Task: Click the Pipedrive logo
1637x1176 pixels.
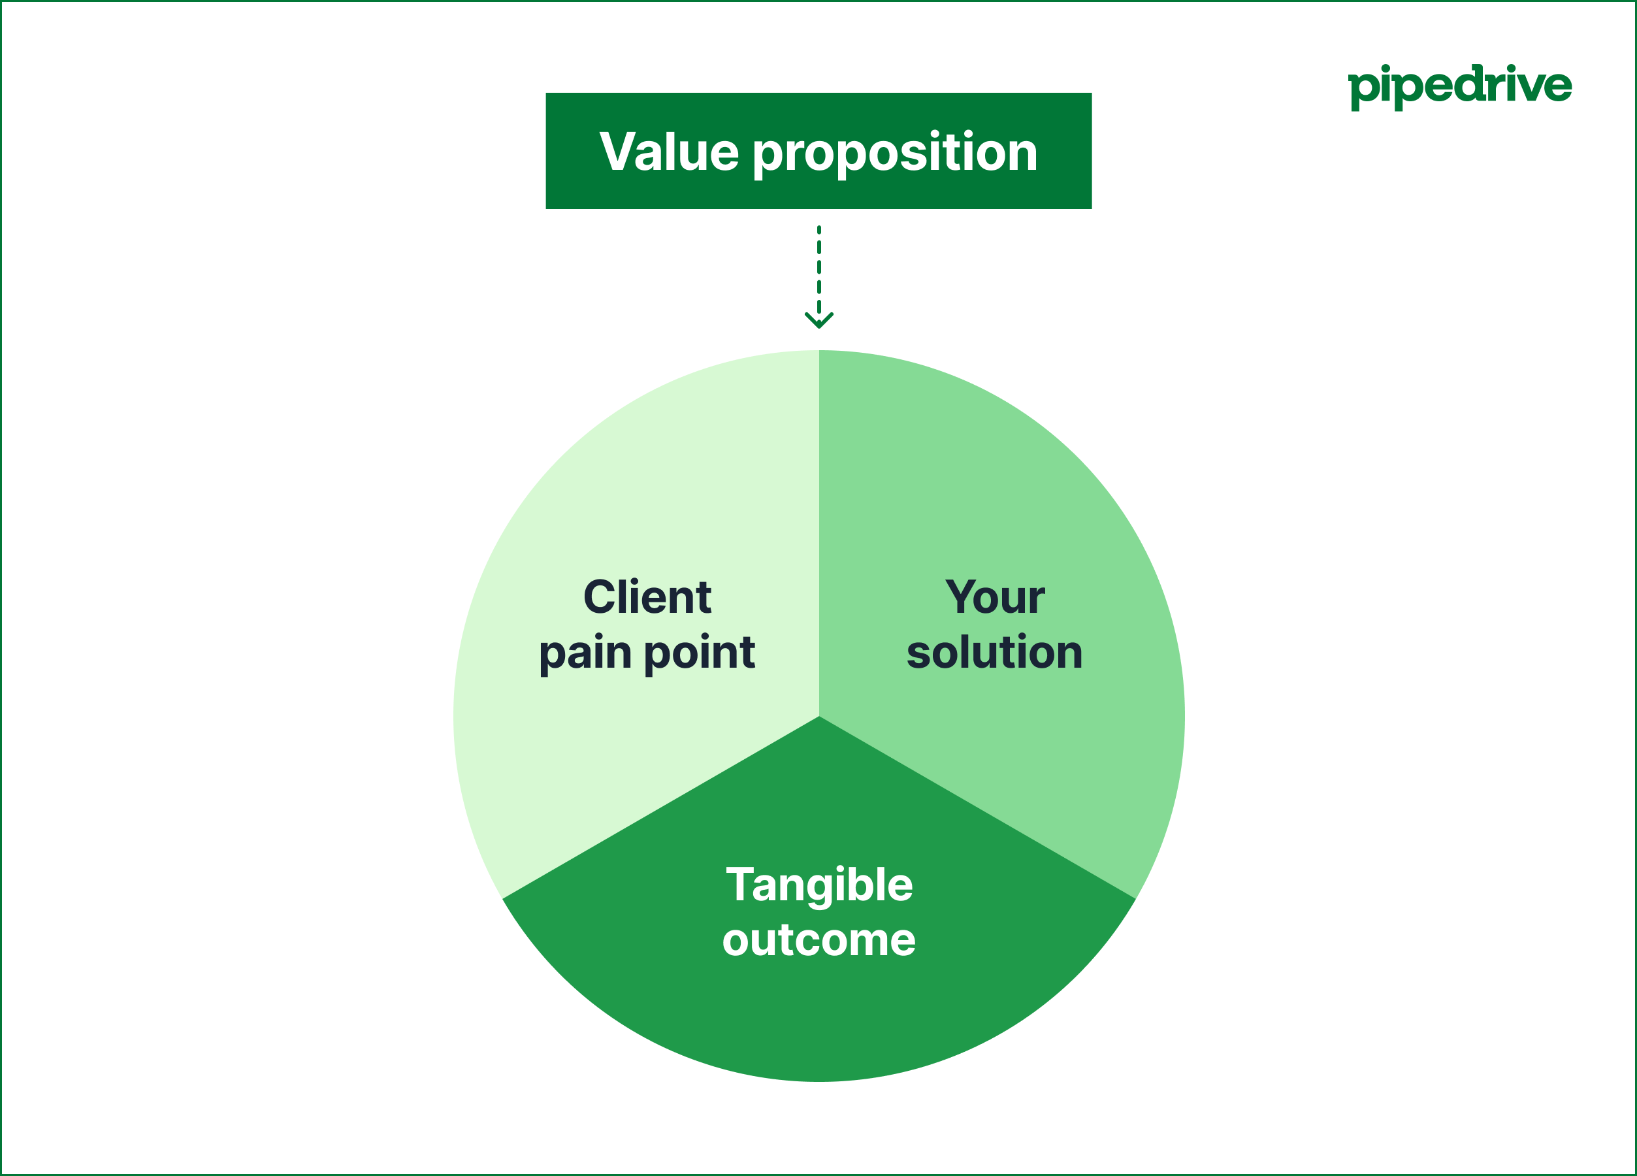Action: pyautogui.click(x=1459, y=87)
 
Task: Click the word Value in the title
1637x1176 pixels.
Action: pyautogui.click(x=668, y=152)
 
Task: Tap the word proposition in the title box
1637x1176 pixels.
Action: pyautogui.click(x=895, y=154)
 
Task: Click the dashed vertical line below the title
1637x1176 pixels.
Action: pyautogui.click(x=819, y=267)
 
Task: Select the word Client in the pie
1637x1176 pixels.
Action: pyautogui.click(x=647, y=597)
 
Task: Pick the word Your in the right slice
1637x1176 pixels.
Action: pyautogui.click(x=994, y=597)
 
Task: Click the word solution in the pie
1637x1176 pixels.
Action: pyautogui.click(x=994, y=652)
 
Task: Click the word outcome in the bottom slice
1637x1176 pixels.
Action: pyautogui.click(x=818, y=940)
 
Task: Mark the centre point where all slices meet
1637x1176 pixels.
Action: pyautogui.click(x=819, y=716)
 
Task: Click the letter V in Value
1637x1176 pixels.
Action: pyautogui.click(x=617, y=151)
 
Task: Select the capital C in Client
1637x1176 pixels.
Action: pyautogui.click(x=599, y=597)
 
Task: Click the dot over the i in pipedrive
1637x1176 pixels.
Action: pyautogui.click(x=1385, y=68)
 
